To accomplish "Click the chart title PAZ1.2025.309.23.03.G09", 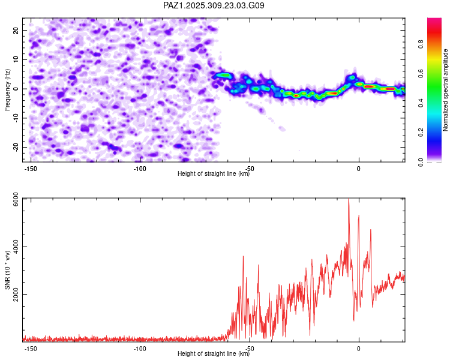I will (x=214, y=5).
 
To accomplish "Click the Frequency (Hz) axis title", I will (x=7, y=89).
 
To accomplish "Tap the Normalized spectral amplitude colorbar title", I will (x=445, y=90).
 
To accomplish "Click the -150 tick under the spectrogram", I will (x=30, y=169).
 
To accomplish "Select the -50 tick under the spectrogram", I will (x=249, y=169).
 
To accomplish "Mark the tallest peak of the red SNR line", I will (x=349, y=200).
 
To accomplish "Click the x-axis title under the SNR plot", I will (x=214, y=354).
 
